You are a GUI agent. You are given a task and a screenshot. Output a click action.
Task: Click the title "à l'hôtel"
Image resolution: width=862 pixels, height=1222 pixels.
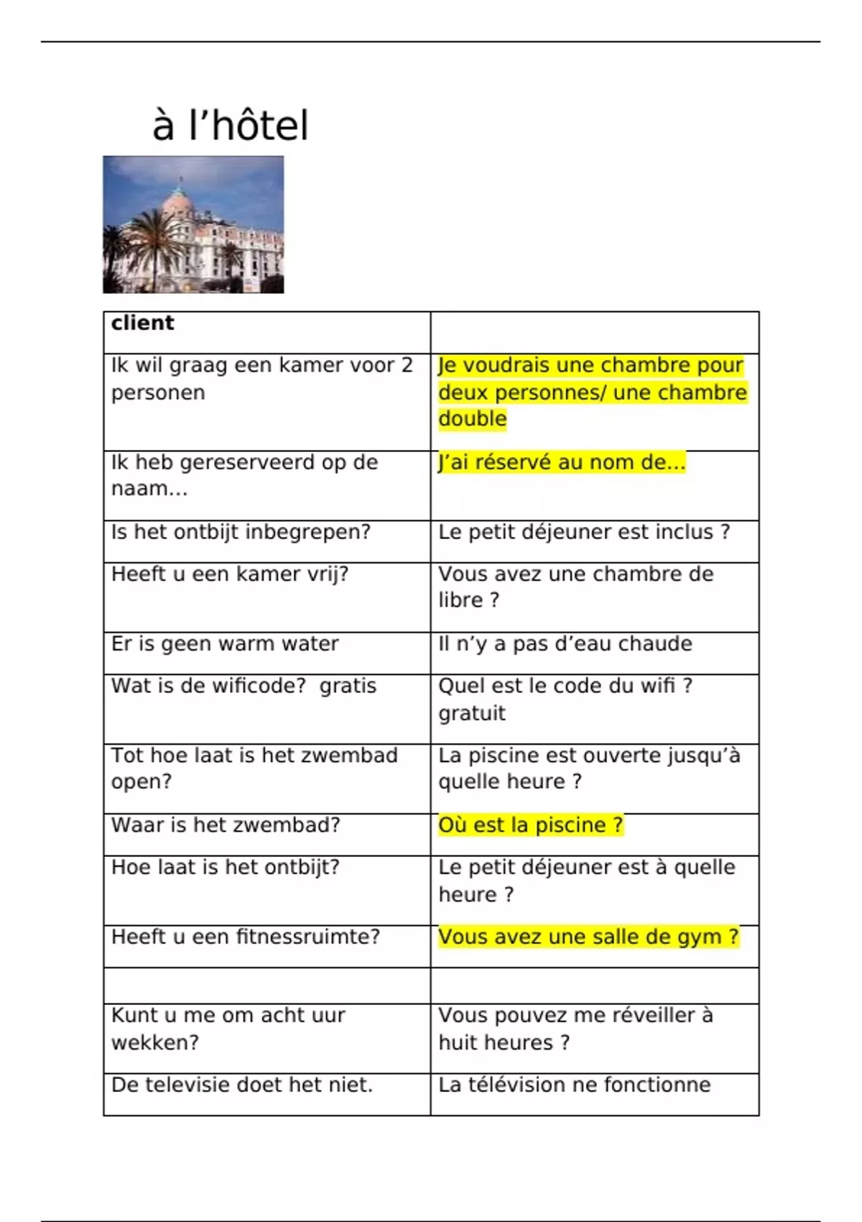pyautogui.click(x=230, y=125)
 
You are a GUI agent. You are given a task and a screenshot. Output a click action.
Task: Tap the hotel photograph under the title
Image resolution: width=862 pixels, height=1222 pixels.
pyautogui.click(x=193, y=224)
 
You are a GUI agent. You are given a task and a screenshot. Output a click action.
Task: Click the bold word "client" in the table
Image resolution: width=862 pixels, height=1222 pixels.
pyautogui.click(x=142, y=323)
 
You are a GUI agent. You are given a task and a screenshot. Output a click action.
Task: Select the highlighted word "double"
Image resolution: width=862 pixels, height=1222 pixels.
pyautogui.click(x=472, y=418)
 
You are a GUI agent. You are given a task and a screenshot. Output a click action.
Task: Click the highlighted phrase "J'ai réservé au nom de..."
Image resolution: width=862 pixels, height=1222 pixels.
pyautogui.click(x=562, y=461)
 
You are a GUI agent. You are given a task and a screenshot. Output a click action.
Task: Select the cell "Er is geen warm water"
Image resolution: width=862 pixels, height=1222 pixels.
pyautogui.click(x=224, y=643)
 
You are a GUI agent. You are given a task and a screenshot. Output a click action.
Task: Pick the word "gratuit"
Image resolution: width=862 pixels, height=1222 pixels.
pyautogui.click(x=472, y=713)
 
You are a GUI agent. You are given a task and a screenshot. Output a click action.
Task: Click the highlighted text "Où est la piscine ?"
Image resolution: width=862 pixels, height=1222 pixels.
pyautogui.click(x=530, y=824)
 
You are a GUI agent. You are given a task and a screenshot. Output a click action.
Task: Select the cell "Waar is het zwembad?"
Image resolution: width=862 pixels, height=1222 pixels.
pyautogui.click(x=226, y=824)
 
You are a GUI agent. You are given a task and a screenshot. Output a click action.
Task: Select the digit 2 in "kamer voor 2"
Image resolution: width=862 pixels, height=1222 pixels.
pyautogui.click(x=407, y=365)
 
